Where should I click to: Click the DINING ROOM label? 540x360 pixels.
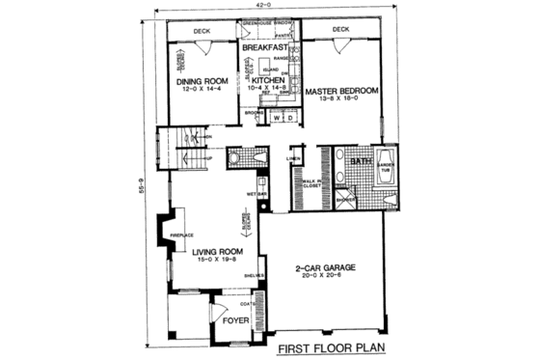point(201,82)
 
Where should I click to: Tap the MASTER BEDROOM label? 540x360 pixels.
point(340,91)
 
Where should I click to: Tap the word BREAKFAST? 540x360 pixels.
point(264,47)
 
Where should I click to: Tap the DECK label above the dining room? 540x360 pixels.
point(201,31)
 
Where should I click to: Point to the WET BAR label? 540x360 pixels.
point(255,194)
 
